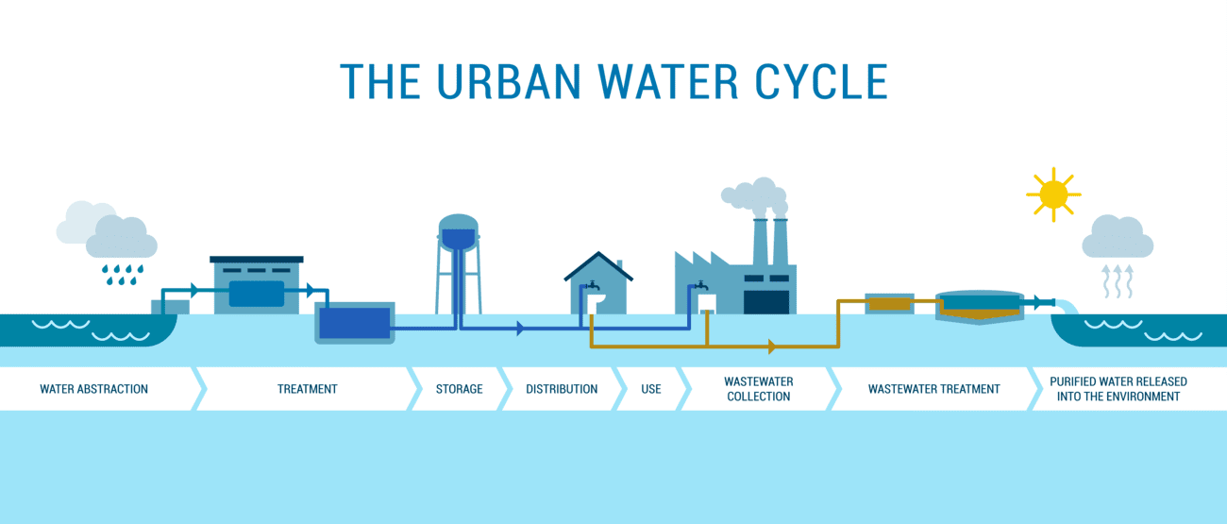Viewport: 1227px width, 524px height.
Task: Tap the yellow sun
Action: click(1052, 194)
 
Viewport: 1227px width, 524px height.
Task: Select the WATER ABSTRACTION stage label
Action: click(93, 389)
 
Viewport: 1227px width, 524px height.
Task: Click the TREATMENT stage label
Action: click(307, 389)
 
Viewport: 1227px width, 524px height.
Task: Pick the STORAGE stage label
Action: click(459, 389)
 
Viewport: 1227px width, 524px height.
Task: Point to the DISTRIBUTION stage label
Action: click(562, 389)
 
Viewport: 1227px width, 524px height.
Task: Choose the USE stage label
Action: click(651, 389)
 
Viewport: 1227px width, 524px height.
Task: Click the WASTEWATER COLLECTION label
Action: click(758, 389)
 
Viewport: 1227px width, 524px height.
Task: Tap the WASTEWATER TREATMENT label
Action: click(933, 389)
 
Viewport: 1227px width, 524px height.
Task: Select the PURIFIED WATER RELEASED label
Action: click(1118, 389)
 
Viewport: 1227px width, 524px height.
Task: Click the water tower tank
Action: click(459, 232)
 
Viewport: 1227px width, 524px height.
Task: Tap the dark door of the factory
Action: click(765, 301)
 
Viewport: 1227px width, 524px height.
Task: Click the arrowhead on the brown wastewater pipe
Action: click(773, 347)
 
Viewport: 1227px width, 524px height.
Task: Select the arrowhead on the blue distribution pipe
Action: click(520, 329)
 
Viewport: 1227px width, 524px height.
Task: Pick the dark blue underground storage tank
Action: click(354, 323)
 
